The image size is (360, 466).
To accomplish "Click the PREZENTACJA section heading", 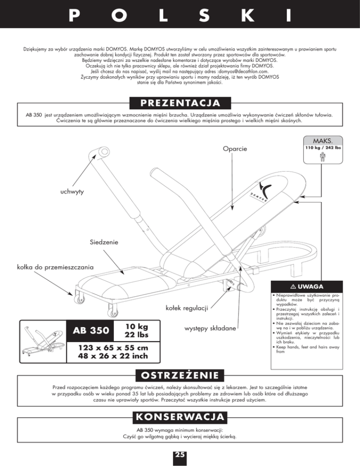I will pyautogui.click(x=180, y=102).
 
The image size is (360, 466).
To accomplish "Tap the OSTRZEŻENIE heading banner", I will pyautogui.click(x=180, y=376).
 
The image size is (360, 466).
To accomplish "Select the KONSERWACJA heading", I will pyautogui.click(x=180, y=417).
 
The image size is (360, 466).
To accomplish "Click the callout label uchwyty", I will pyautogui.click(x=72, y=192).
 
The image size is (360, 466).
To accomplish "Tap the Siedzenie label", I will pyautogui.click(x=103, y=242).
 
